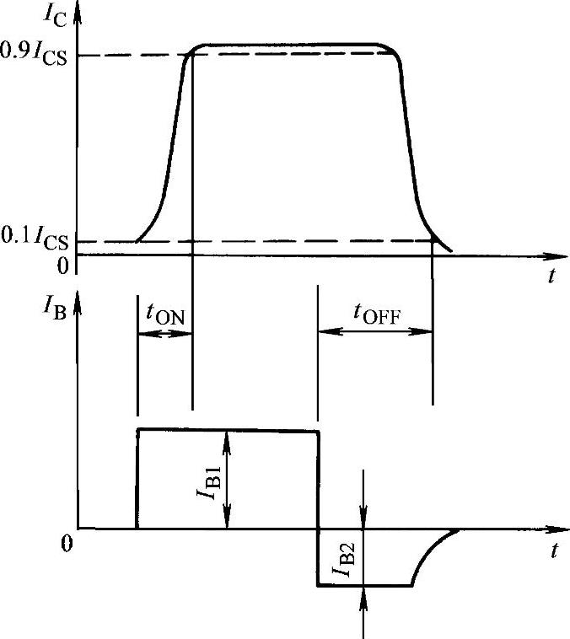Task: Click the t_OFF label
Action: coord(376,314)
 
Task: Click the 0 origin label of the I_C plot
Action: coord(62,266)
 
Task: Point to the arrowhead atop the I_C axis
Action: coord(78,10)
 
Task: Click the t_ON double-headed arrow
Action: coord(164,333)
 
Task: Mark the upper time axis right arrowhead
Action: coord(559,255)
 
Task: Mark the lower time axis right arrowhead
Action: coord(559,529)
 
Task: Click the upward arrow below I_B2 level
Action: coord(363,600)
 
